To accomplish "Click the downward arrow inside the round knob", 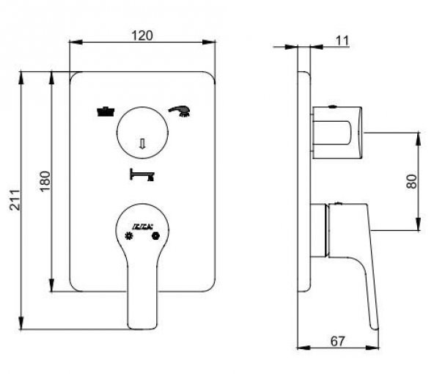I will [144, 144].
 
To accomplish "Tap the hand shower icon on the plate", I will [180, 111].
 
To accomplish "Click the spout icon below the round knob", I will [142, 175].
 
